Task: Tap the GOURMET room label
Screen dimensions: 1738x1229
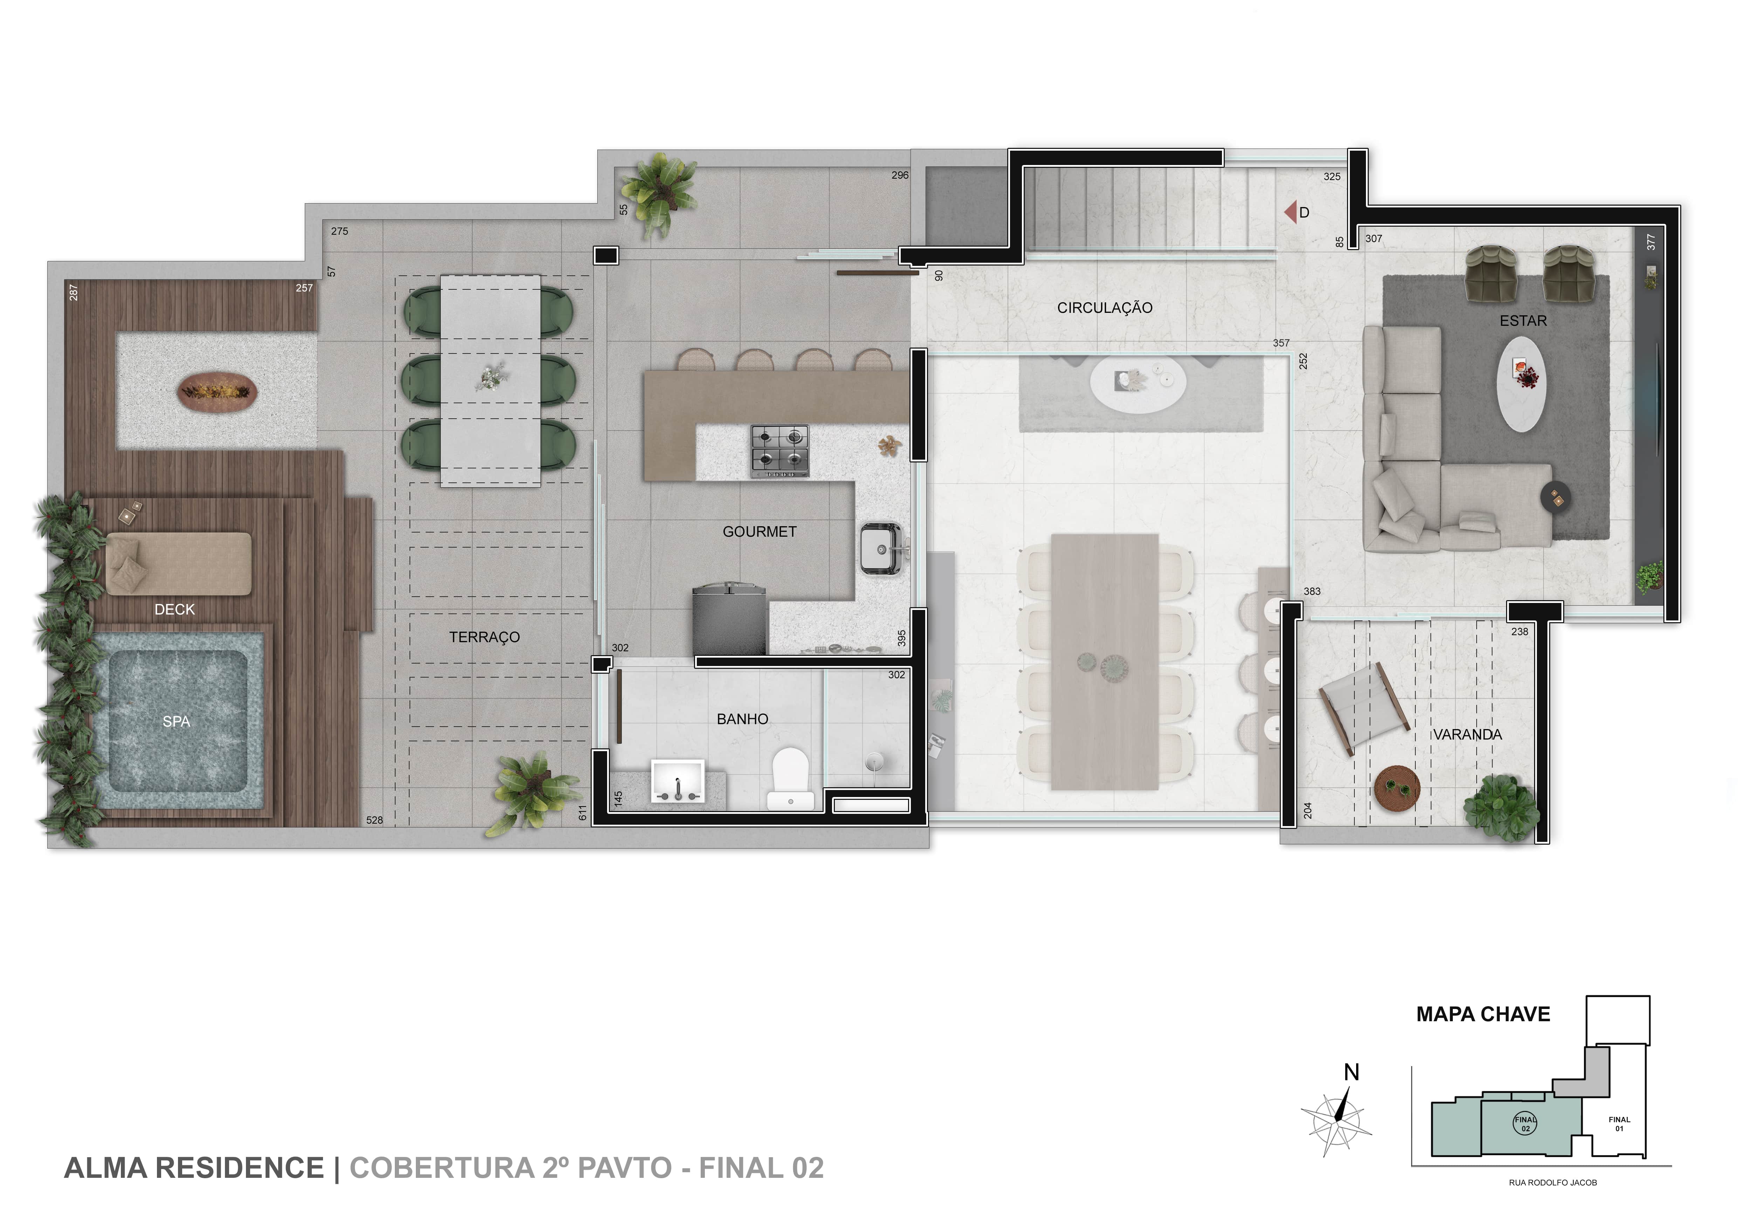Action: (759, 532)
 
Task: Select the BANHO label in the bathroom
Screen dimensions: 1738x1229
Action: (743, 719)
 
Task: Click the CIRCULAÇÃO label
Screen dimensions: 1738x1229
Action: (1104, 308)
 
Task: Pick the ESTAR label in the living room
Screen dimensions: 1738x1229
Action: (1523, 321)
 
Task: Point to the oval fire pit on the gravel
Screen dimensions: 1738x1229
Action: (218, 391)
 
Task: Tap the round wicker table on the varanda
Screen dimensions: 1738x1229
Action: (1397, 789)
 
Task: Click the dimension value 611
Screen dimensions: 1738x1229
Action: (582, 813)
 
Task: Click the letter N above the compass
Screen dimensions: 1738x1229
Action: (1351, 1072)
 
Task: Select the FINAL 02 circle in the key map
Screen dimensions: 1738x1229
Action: (1525, 1124)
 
